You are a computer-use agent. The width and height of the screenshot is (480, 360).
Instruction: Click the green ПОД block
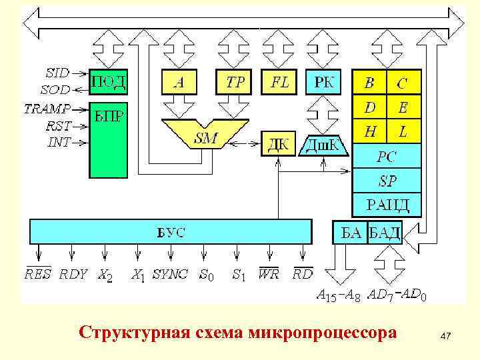108,83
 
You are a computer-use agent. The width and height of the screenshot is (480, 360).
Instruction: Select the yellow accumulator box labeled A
179,83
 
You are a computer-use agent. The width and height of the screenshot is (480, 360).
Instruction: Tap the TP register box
235,83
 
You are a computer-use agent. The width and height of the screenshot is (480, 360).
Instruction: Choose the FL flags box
279,83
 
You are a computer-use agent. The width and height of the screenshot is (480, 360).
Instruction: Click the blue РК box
323,83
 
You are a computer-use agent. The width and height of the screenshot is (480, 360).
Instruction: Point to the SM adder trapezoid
205,136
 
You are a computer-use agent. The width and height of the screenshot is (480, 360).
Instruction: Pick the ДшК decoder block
323,144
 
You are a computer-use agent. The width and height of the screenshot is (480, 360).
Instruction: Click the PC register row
387,157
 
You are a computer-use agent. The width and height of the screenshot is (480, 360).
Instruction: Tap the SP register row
387,180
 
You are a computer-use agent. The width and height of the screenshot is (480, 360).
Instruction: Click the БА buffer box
350,232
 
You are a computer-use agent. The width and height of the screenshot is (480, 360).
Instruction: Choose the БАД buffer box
385,232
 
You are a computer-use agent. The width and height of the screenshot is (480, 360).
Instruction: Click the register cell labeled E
403,108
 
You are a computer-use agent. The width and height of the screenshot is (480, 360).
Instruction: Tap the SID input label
57,71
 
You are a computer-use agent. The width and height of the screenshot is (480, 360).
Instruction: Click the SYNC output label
171,274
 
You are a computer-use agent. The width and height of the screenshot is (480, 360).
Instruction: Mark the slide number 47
446,339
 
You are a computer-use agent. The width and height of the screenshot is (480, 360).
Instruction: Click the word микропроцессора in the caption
322,331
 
